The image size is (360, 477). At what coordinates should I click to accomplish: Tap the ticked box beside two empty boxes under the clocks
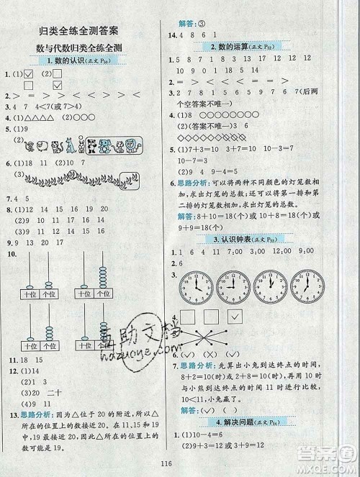[x=234, y=317]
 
